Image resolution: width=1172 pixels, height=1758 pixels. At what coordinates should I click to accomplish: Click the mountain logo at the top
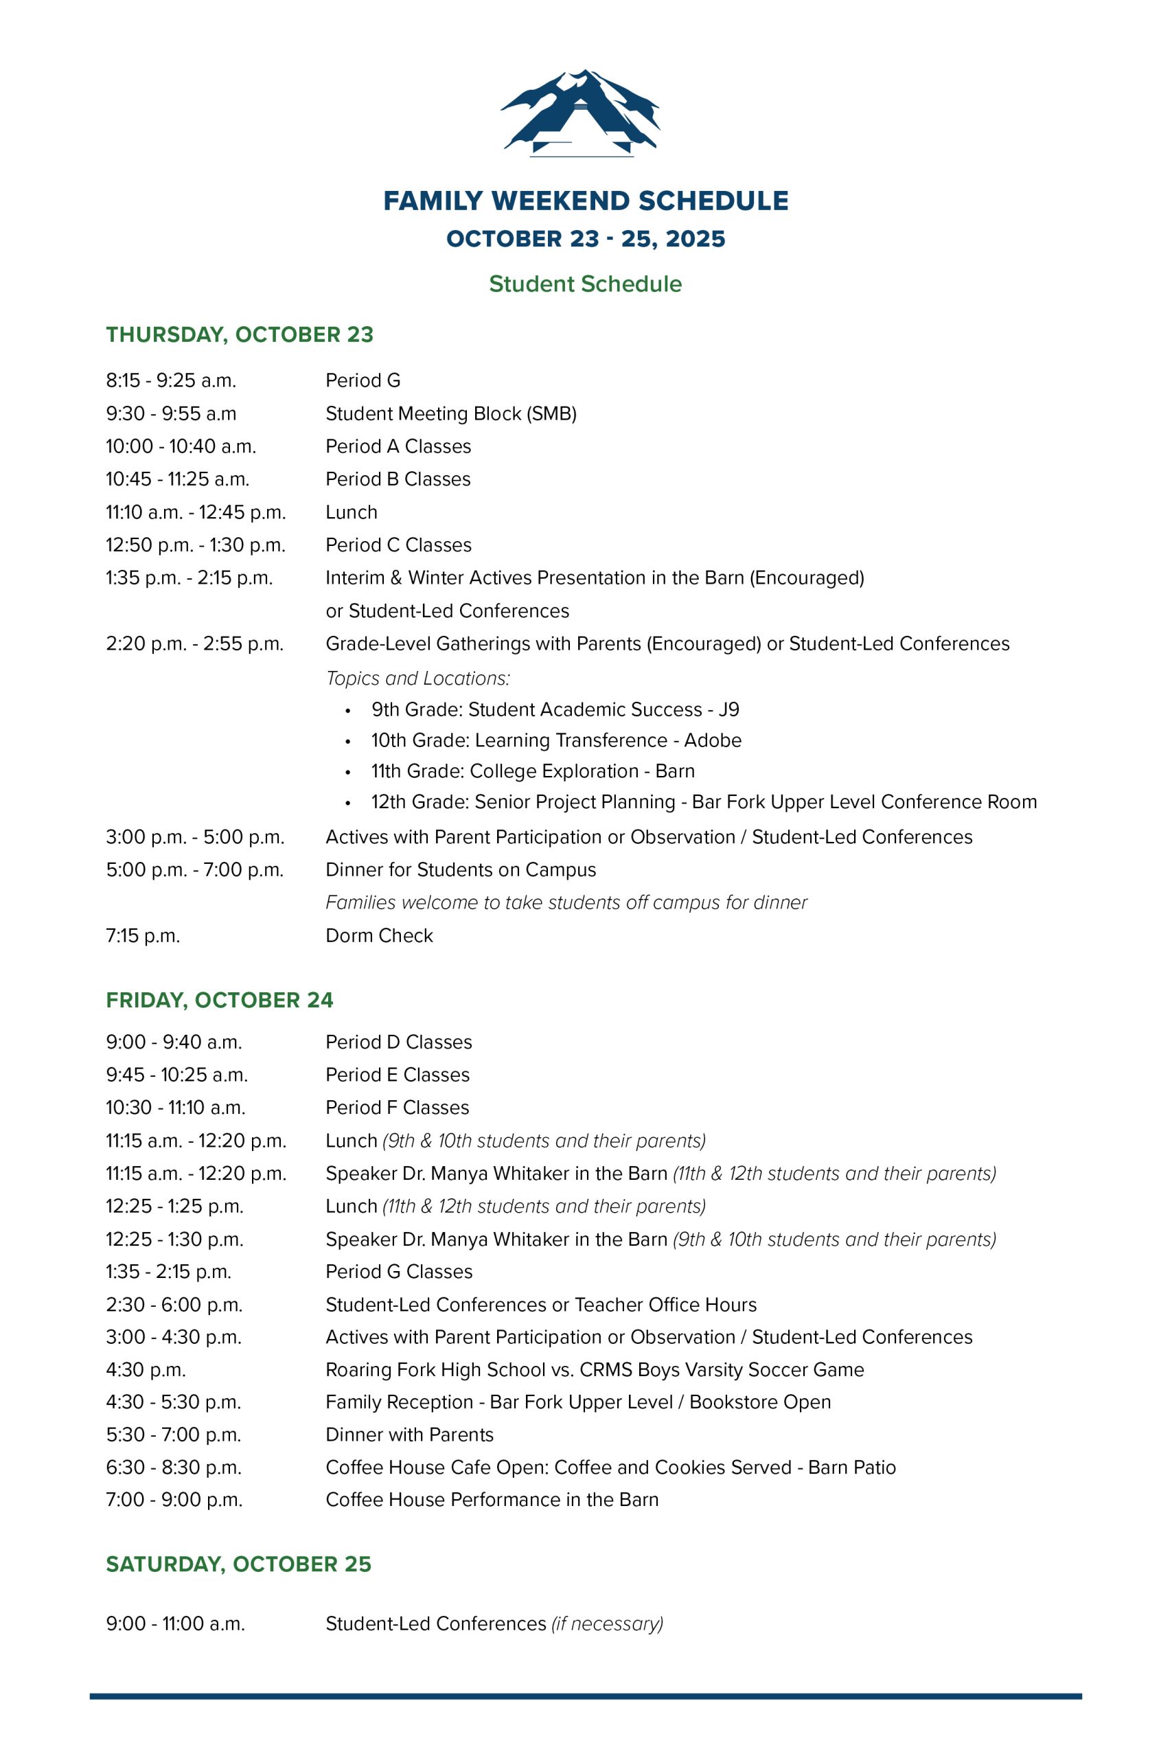pos(581,113)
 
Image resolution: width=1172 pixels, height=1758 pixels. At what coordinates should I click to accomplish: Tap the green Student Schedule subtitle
pos(585,284)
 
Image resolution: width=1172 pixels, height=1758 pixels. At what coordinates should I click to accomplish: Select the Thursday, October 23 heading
pos(239,334)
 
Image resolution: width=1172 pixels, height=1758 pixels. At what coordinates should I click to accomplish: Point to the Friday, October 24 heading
pos(219,1000)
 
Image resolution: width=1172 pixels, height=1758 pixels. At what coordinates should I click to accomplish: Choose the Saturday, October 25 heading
pos(238,1564)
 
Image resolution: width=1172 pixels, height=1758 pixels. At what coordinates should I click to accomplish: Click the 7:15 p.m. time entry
pos(143,936)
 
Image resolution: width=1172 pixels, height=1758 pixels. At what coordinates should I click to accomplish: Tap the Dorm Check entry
pos(379,936)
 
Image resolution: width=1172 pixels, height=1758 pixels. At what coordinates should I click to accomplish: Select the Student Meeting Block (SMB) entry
pos(450,413)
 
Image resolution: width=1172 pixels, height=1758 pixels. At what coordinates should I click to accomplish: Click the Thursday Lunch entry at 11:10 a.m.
pos(352,512)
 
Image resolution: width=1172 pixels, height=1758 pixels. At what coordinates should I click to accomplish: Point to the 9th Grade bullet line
pos(555,709)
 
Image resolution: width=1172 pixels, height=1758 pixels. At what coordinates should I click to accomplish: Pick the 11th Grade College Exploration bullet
pos(532,770)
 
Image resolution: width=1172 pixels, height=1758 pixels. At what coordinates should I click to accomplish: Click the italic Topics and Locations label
pos(418,678)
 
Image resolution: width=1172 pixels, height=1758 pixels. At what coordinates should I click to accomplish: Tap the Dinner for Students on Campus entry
pos(461,870)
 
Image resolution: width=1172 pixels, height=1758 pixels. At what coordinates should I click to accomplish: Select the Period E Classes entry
pos(397,1075)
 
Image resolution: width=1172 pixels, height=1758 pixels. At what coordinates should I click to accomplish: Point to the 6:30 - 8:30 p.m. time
pos(174,1468)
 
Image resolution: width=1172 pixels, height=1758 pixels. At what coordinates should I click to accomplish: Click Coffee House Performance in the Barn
pos(492,1499)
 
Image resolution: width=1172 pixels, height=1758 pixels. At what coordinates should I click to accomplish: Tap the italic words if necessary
pos(607,1623)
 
